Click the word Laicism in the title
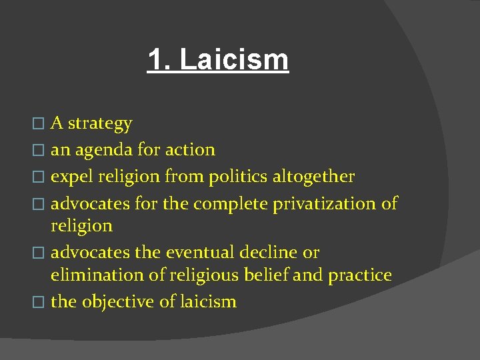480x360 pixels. (234, 59)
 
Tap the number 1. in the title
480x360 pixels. (159, 59)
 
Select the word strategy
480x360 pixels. (100, 124)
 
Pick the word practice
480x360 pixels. (360, 275)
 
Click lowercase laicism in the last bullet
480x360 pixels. (207, 302)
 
